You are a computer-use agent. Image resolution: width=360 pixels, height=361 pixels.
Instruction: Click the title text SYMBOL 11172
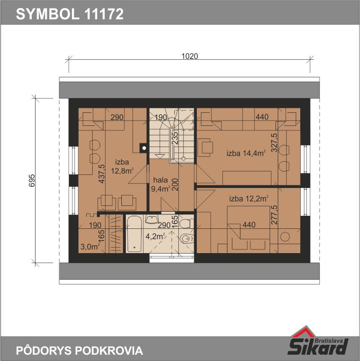[70, 14]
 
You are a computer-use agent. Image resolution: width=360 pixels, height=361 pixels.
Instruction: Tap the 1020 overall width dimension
[190, 56]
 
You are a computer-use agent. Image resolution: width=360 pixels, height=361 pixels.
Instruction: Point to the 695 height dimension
[32, 181]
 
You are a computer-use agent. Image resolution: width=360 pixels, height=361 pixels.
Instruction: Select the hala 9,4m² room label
[160, 184]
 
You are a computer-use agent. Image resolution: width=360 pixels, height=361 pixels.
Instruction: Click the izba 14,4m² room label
[246, 153]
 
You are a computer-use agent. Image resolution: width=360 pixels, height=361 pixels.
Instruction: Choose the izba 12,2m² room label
[249, 198]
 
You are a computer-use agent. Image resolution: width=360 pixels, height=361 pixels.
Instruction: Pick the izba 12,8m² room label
[122, 166]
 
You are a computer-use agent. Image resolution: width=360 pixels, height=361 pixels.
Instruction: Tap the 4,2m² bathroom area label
[156, 236]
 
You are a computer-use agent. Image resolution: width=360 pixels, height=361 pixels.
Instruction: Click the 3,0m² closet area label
[90, 247]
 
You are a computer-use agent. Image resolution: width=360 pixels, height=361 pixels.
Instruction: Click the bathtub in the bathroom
[134, 233]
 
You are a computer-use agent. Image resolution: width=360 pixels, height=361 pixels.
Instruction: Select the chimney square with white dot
[144, 148]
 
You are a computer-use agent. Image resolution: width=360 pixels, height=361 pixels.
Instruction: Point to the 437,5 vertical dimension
[102, 174]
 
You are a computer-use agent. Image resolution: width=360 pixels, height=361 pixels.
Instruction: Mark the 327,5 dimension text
[274, 143]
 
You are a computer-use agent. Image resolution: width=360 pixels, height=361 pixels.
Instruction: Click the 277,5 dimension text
[274, 215]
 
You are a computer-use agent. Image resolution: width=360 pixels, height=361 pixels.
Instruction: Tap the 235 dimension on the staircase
[175, 138]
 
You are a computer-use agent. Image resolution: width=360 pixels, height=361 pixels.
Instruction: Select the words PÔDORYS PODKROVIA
[80, 351]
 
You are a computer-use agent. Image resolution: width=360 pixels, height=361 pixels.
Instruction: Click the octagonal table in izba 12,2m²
[285, 237]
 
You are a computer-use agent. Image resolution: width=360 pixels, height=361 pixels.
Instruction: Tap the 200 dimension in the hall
[175, 184]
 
